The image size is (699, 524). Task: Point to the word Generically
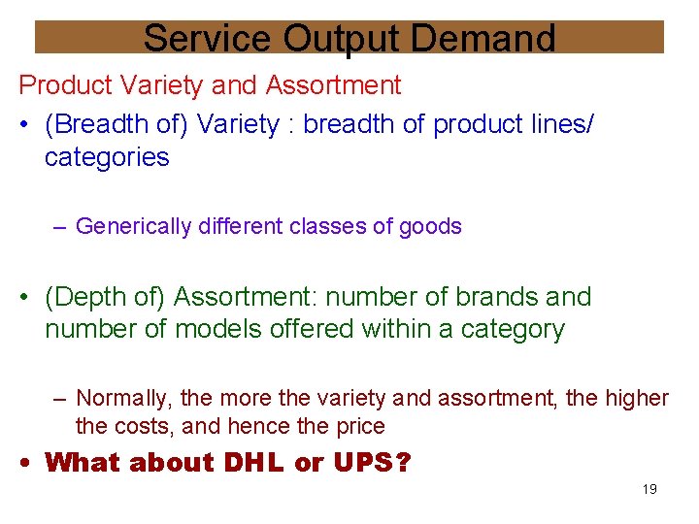click(134, 227)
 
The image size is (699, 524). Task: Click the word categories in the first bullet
click(107, 157)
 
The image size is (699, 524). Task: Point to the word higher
click(636, 399)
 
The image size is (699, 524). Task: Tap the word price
click(360, 427)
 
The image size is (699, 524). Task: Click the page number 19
click(649, 489)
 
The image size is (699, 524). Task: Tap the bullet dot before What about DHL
click(27, 463)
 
